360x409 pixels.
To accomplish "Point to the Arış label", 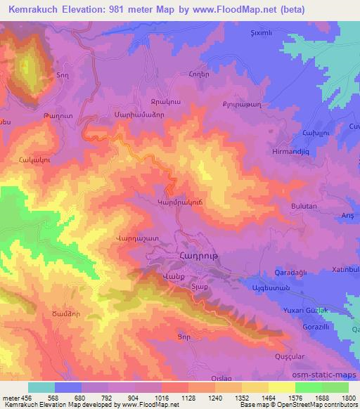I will [x=346, y=217].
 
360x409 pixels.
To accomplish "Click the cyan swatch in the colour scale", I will [x=41, y=387].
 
